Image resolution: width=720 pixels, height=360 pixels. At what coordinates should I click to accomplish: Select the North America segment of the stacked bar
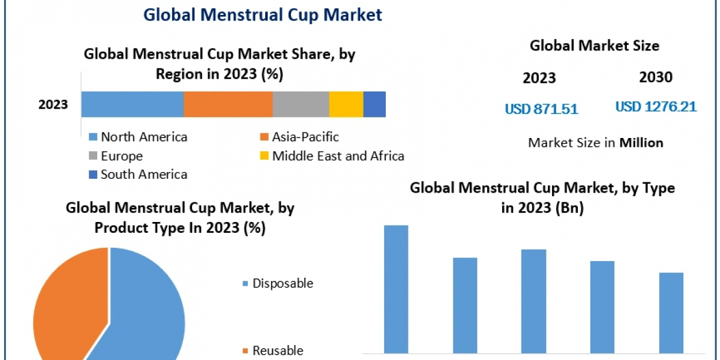click(x=132, y=104)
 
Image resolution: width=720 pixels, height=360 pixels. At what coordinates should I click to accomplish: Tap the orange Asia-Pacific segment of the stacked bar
click(x=228, y=104)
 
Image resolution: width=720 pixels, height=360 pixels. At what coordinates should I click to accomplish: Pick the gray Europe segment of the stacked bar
click(x=301, y=104)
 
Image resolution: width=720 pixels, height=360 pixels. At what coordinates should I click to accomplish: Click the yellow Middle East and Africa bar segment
click(x=346, y=104)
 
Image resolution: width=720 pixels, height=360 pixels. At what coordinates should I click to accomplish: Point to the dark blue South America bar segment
click(x=374, y=104)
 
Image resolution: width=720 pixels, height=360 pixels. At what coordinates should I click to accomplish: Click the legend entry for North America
click(x=143, y=137)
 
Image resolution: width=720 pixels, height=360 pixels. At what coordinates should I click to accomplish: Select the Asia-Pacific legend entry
click(x=305, y=137)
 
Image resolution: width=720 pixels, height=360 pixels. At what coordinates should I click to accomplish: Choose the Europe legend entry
click(x=121, y=156)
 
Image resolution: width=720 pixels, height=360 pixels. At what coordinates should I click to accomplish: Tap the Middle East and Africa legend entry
click(x=337, y=156)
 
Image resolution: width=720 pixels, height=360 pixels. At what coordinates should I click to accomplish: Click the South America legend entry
click(x=143, y=175)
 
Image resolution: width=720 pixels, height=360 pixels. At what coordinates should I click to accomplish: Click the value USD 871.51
click(x=541, y=109)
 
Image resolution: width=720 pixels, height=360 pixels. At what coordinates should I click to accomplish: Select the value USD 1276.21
click(x=656, y=107)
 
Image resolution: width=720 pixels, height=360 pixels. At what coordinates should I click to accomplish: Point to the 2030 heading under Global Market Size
click(x=656, y=77)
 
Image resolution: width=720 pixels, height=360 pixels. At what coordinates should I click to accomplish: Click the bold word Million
click(x=641, y=143)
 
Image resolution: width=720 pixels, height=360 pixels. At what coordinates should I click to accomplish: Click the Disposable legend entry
click(x=282, y=283)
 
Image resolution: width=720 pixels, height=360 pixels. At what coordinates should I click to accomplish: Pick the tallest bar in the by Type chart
click(x=396, y=289)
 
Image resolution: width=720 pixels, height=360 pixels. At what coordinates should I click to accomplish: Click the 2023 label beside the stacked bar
click(x=53, y=105)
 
